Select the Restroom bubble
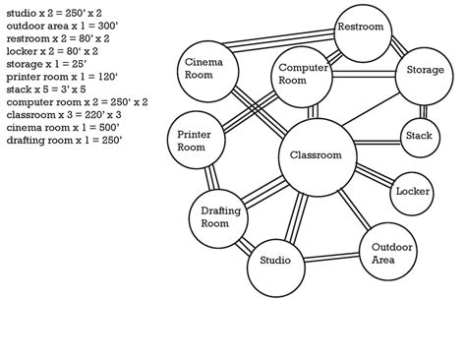point(360,28)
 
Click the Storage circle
point(425,71)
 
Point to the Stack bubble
point(419,136)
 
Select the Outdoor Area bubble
point(383,253)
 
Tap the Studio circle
point(275,261)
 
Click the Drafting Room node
point(216,217)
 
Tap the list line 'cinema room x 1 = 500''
point(49,127)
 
